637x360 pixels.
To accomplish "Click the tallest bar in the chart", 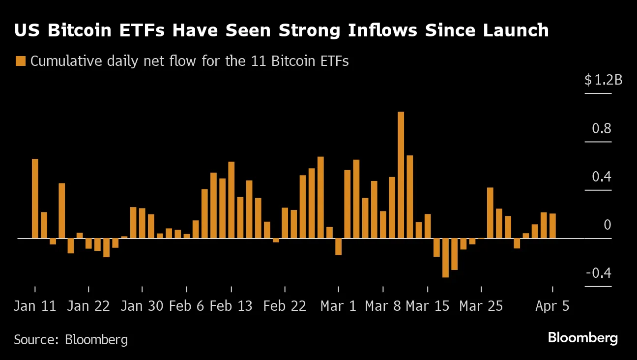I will pos(401,175).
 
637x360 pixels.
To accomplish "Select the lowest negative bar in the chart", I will pos(445,258).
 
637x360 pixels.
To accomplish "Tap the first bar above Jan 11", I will pos(35,198).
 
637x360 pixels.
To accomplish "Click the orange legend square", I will pos(21,61).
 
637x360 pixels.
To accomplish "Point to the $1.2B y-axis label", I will pos(603,80).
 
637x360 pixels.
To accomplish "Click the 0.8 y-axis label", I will pos(601,129).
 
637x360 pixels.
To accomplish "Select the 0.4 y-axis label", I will pos(601,177).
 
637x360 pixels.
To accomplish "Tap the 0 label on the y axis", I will pos(607,225).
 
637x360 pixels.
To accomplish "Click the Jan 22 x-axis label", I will pos(88,306).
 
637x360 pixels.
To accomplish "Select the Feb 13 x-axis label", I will pos(231,306).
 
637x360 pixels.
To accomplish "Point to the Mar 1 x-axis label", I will pos(338,306).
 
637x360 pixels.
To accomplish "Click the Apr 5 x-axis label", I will pos(552,306).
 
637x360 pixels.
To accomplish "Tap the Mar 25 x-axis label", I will pos(481,306).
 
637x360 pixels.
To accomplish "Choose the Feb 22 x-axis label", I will pos(285,306).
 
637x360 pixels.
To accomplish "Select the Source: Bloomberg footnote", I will pos(71,339).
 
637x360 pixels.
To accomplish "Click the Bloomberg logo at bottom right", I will pos(582,338).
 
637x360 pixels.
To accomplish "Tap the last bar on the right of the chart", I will pos(552,226).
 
